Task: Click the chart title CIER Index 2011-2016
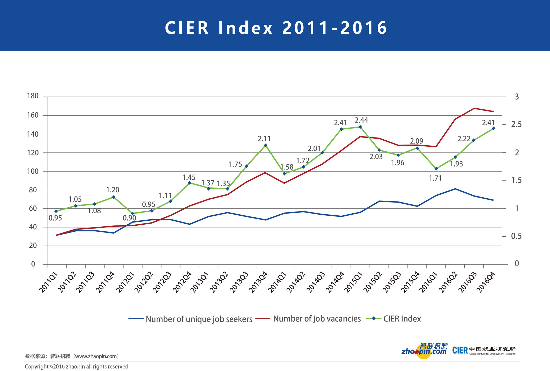click(x=276, y=28)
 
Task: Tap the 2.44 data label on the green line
click(x=361, y=120)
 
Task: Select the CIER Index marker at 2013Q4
click(x=265, y=145)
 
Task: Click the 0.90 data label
click(x=129, y=218)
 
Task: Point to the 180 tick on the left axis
click(x=33, y=96)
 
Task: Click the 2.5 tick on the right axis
click(x=516, y=124)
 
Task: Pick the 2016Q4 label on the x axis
click(x=486, y=282)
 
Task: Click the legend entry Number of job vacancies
click(x=317, y=319)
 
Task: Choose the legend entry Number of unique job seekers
click(x=199, y=319)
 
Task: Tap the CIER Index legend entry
click(x=402, y=319)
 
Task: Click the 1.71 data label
click(x=435, y=178)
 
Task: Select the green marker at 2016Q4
click(x=493, y=128)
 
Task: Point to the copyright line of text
click(x=76, y=367)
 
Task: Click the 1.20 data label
click(x=113, y=190)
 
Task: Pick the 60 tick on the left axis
click(x=33, y=209)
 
